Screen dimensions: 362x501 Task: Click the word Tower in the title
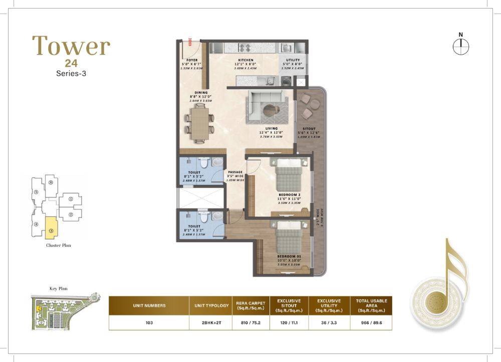pos(71,46)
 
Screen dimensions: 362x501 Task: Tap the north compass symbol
pos(460,47)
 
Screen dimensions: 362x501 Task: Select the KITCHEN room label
pos(245,60)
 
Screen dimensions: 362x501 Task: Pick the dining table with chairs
pos(198,123)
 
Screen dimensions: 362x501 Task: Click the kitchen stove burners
pos(246,48)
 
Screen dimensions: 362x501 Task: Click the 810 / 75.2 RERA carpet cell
pos(250,323)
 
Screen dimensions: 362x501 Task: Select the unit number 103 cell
pos(149,323)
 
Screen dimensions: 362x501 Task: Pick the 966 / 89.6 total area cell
pos(371,323)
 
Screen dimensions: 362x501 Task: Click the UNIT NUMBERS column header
pos(149,305)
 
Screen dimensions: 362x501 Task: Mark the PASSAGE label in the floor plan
pos(235,172)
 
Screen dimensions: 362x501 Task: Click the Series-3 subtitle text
pos(71,74)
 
